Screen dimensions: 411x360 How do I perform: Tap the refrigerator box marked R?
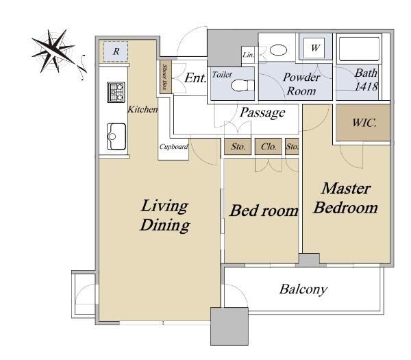[x=116, y=51]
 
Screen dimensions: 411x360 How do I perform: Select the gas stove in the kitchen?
[x=116, y=92]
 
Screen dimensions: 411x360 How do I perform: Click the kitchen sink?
[x=116, y=136]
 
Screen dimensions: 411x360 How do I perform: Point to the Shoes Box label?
[x=165, y=77]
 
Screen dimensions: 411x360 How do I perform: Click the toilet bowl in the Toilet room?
[x=242, y=85]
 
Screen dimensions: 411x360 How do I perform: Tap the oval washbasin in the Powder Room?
[x=278, y=50]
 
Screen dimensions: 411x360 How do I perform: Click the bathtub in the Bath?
[x=359, y=49]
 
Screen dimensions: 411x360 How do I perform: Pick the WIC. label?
[x=364, y=123]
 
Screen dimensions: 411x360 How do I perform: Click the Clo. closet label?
[x=269, y=147]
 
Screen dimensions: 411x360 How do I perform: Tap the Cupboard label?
[x=173, y=147]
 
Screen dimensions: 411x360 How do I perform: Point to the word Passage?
[x=262, y=113]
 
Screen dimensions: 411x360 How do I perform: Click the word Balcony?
[x=303, y=289]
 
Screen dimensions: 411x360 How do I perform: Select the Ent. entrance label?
[x=195, y=77]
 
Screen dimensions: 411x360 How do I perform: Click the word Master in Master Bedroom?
[x=346, y=189]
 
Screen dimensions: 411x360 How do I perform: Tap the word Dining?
[x=165, y=225]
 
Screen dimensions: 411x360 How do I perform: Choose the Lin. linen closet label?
[x=248, y=55]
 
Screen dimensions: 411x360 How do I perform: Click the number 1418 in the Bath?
[x=366, y=86]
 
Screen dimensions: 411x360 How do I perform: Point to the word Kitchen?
[x=143, y=110]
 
